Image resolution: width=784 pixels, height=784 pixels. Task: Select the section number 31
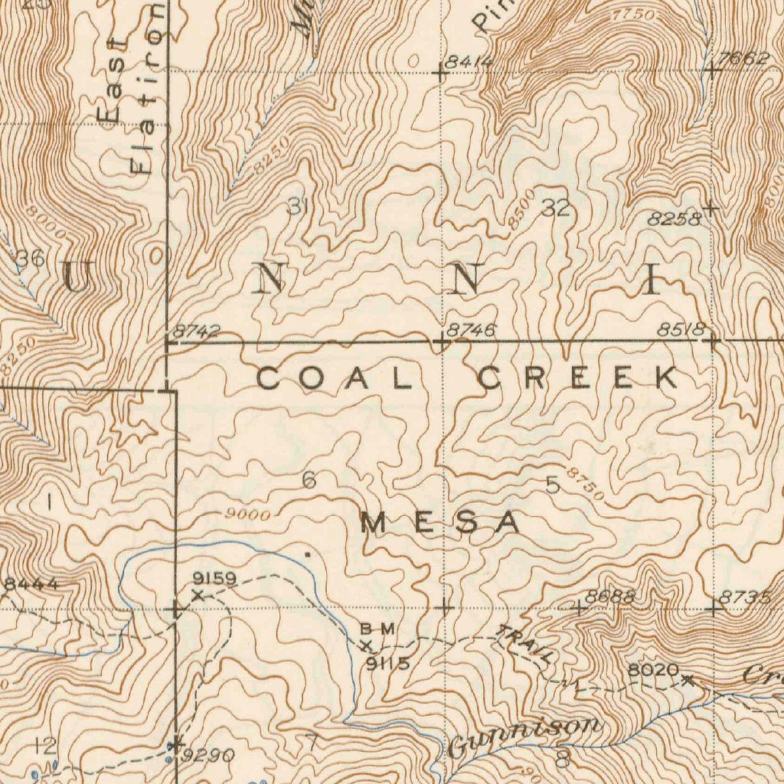tap(298, 206)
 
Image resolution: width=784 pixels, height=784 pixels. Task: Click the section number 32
tap(557, 207)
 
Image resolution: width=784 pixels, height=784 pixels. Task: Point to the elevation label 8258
tap(675, 219)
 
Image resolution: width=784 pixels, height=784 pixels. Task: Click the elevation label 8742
tap(196, 332)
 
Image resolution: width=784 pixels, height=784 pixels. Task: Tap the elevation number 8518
tap(681, 331)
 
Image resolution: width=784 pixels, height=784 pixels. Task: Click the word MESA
tap(440, 524)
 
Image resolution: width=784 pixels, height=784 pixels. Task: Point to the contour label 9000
tap(248, 516)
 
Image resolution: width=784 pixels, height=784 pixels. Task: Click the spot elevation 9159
tap(215, 578)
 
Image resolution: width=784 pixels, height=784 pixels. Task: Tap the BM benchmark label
tap(378, 629)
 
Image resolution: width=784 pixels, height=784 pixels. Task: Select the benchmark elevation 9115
tap(387, 664)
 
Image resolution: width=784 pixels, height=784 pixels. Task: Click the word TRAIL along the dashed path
tap(526, 644)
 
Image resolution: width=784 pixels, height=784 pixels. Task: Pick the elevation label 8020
tap(653, 671)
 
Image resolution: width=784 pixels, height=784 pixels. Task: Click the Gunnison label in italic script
tap(524, 736)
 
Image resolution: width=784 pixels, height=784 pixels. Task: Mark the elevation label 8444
tap(31, 585)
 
